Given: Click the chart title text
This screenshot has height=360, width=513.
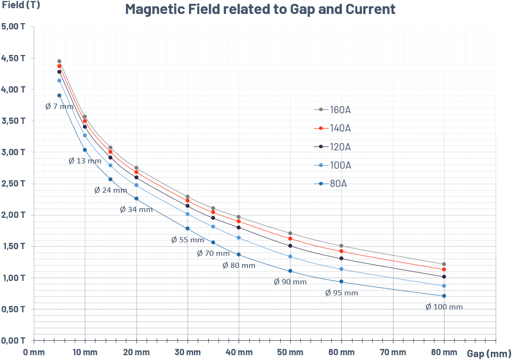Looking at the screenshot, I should click(x=260, y=9).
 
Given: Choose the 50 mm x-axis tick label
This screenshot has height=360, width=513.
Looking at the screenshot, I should click(x=290, y=352).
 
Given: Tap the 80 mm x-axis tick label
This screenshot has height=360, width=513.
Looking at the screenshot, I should click(x=444, y=352).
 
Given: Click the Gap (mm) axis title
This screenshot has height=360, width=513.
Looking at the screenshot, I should click(x=488, y=353).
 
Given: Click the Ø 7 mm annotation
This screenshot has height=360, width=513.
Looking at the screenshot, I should click(x=59, y=107).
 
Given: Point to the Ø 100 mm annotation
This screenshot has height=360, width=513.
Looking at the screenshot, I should click(x=444, y=307).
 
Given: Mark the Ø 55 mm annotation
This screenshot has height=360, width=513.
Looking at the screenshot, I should click(x=188, y=240).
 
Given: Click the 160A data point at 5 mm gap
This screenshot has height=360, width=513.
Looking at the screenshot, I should click(x=59, y=61).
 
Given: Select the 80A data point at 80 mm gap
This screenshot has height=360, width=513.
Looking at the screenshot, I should click(x=444, y=296).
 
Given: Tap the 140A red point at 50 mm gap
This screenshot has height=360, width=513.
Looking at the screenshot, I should click(x=290, y=239).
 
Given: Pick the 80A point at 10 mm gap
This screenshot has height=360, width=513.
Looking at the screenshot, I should click(x=85, y=150).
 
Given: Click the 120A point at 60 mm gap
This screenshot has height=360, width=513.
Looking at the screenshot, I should click(x=341, y=258).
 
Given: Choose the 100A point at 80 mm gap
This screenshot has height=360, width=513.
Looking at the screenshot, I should click(x=444, y=286).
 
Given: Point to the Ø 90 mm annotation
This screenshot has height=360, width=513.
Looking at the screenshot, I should click(x=290, y=282).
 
